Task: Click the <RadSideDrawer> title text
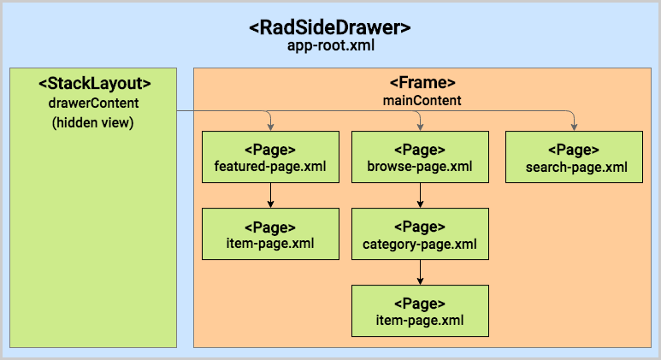330,27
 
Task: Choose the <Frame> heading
422,83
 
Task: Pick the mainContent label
422,100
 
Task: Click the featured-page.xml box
270,156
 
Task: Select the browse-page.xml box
420,156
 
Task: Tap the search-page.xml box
573,156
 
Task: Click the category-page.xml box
420,234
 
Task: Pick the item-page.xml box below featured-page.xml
270,234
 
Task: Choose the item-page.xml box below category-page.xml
420,311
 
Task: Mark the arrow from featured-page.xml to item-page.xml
270,195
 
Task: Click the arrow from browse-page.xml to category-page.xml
420,195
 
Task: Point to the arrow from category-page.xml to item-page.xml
420,273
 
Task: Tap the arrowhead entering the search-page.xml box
573,127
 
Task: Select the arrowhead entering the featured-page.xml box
270,127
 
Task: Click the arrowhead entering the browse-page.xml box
420,127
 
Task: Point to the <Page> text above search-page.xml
573,149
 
